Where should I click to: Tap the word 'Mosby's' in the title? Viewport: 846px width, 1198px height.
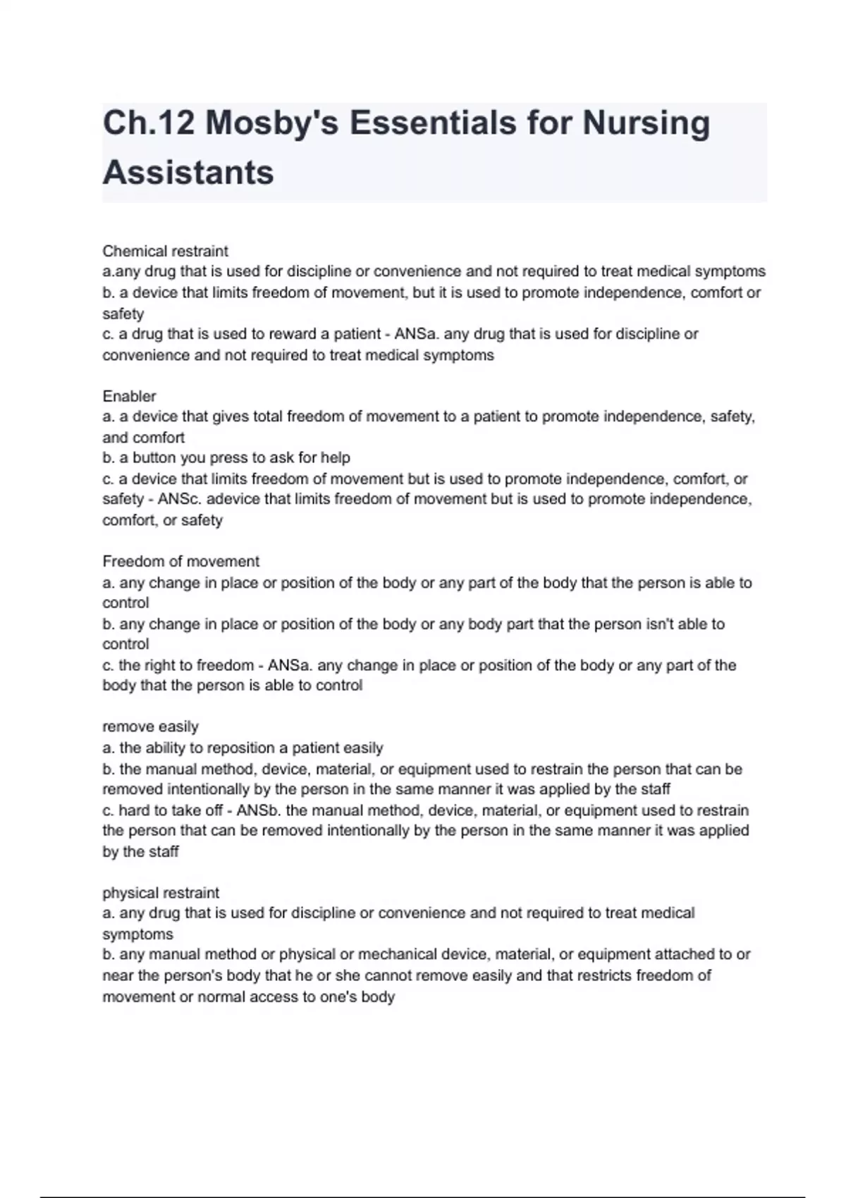(271, 123)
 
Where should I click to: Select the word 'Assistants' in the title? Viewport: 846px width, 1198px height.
(188, 173)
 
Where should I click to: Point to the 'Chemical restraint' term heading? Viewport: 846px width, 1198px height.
(165, 251)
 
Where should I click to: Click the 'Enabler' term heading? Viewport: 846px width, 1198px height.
(129, 396)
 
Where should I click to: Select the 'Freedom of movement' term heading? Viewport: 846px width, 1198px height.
(180, 562)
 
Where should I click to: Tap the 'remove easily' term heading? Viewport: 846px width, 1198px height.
(150, 727)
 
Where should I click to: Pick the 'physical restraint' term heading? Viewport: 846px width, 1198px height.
(161, 893)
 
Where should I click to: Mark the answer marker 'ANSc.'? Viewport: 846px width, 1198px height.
(180, 500)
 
